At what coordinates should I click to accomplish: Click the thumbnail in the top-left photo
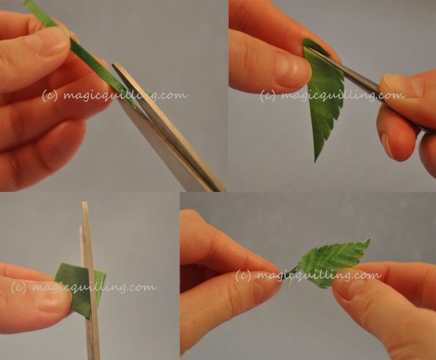pyautogui.click(x=46, y=42)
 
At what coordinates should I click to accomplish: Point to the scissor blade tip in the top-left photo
pyautogui.click(x=114, y=64)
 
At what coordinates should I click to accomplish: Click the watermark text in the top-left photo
pyautogui.click(x=114, y=95)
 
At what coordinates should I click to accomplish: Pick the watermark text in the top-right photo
pyautogui.click(x=332, y=95)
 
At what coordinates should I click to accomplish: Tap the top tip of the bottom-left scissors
pyautogui.click(x=85, y=202)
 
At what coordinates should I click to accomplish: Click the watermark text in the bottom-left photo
pyautogui.click(x=83, y=287)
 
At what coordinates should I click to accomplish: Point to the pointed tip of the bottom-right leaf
pyautogui.click(x=369, y=239)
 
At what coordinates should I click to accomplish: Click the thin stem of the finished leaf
pyautogui.click(x=292, y=274)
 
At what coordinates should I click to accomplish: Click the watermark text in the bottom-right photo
pyautogui.click(x=308, y=275)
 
